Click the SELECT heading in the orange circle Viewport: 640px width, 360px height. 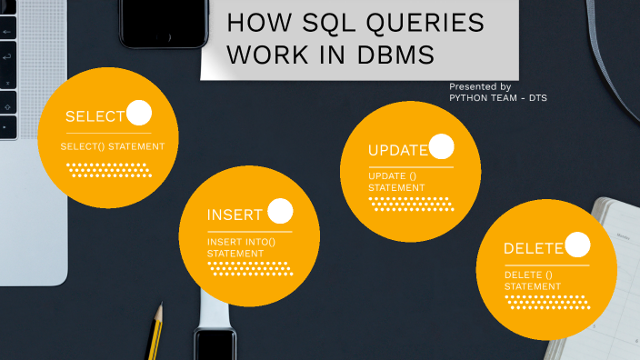tap(95, 116)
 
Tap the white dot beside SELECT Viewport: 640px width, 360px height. tap(139, 113)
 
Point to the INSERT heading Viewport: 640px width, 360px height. tap(235, 215)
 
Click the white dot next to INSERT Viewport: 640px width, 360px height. tap(280, 211)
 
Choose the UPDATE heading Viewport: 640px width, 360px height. tap(397, 150)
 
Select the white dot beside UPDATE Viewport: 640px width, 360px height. tap(441, 146)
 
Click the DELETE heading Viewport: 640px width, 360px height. tap(534, 248)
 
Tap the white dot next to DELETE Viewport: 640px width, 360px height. tap(577, 245)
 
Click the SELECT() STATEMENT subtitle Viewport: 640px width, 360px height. tap(113, 145)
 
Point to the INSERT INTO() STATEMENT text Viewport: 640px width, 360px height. tap(241, 247)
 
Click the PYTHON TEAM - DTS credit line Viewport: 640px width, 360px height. tap(498, 97)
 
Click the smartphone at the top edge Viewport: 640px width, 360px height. tap(164, 23)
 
